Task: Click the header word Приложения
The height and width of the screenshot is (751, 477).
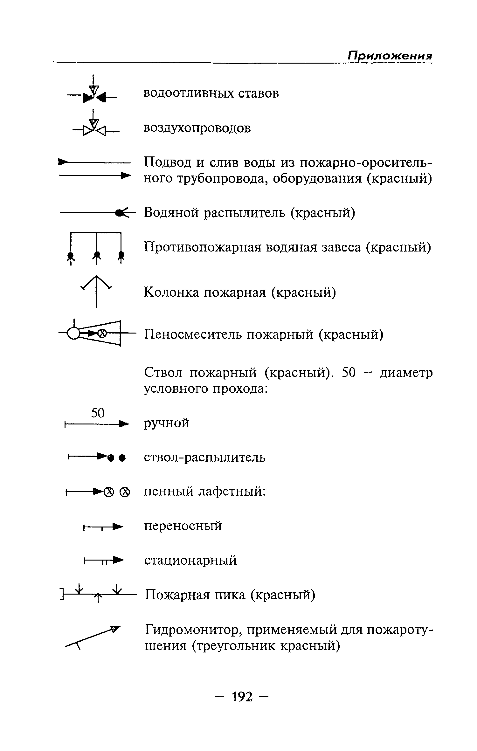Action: [390, 56]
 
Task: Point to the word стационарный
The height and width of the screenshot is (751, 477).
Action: [190, 560]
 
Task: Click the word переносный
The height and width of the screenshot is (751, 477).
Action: [183, 526]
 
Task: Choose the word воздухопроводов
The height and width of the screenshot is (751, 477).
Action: [197, 128]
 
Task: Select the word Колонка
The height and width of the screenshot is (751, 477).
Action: [173, 292]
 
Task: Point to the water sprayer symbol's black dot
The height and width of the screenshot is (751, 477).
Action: [120, 213]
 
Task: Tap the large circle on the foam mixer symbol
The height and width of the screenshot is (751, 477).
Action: [73, 334]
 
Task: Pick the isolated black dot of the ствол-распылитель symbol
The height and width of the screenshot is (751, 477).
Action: [121, 458]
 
